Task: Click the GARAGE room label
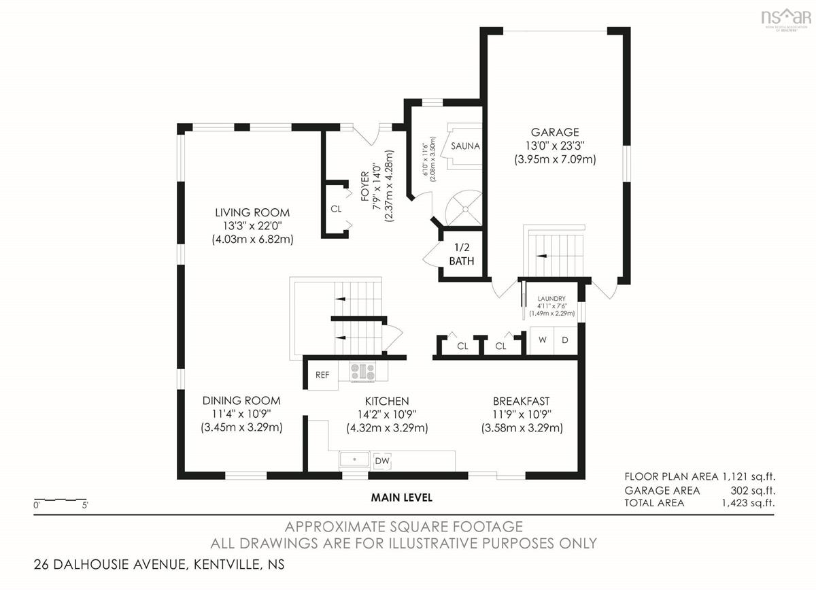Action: [555, 132]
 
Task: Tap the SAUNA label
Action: [465, 146]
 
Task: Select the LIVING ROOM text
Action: [252, 212]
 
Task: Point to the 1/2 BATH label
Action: [462, 254]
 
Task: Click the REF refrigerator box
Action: [323, 375]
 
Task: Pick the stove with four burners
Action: [363, 372]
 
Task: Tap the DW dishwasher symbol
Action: [382, 461]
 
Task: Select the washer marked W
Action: [542, 340]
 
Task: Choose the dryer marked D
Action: [565, 340]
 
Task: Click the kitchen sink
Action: [354, 459]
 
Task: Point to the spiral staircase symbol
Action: [464, 209]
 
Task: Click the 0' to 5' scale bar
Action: [61, 499]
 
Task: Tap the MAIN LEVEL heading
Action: [401, 497]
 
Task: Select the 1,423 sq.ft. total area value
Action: [748, 503]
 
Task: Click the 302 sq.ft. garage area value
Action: [753, 491]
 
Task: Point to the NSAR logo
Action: [786, 20]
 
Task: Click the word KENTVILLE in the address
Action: [227, 564]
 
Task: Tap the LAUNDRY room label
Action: [551, 299]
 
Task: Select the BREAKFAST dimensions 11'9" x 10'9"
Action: [522, 414]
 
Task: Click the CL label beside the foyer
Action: [336, 209]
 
